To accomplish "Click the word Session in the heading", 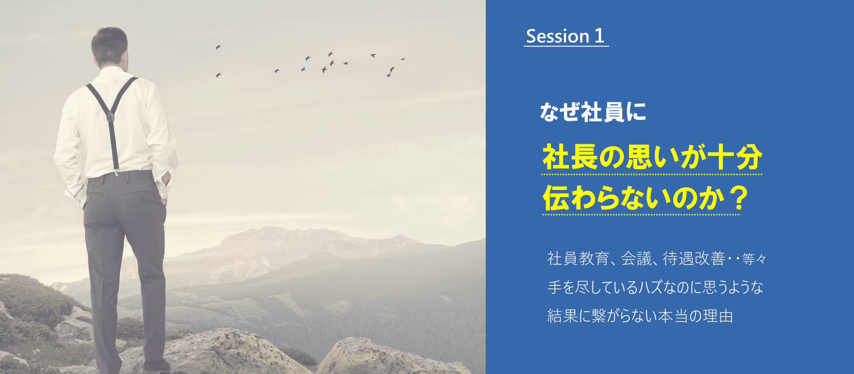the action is click(x=558, y=36).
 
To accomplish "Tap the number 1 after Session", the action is click(x=599, y=36).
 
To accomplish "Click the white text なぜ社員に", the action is click(x=593, y=112).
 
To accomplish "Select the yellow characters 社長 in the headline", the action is click(x=570, y=157).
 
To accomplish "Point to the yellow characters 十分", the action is click(x=735, y=157).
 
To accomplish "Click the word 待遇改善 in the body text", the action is click(x=694, y=258).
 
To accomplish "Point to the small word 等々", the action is click(x=754, y=259).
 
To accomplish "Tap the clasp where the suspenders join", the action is click(x=110, y=117).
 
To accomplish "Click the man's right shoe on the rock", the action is click(x=155, y=365).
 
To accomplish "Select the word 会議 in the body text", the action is click(x=636, y=258).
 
